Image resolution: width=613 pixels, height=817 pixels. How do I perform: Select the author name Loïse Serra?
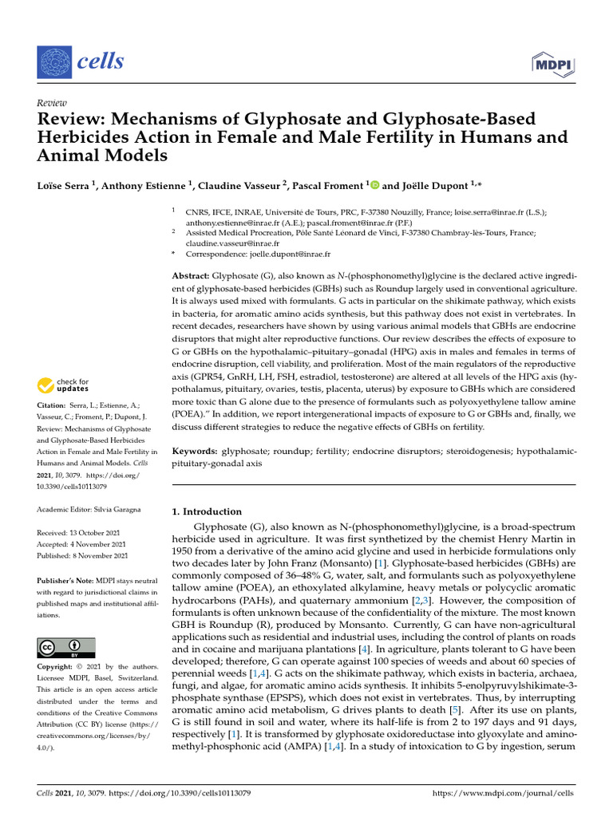[x=65, y=185]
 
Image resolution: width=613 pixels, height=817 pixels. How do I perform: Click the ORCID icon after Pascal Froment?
[x=375, y=185]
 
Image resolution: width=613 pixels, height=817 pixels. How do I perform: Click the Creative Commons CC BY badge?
[x=66, y=647]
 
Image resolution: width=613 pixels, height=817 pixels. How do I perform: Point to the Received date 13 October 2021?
[x=82, y=532]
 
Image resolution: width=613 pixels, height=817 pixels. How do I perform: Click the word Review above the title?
[x=53, y=103]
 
